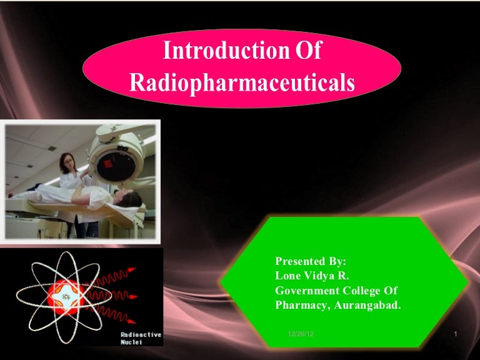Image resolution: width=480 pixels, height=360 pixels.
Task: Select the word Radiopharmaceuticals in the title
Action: coord(242,82)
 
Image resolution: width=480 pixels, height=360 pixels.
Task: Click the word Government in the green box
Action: coord(306,291)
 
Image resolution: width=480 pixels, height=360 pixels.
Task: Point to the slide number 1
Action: coord(456,336)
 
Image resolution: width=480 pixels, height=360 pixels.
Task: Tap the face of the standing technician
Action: coord(67,162)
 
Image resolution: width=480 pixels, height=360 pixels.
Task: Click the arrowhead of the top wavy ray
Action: coord(132,269)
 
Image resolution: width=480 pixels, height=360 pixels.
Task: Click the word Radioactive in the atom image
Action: coord(141,334)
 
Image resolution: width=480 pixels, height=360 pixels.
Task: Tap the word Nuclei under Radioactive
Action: coord(131,342)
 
